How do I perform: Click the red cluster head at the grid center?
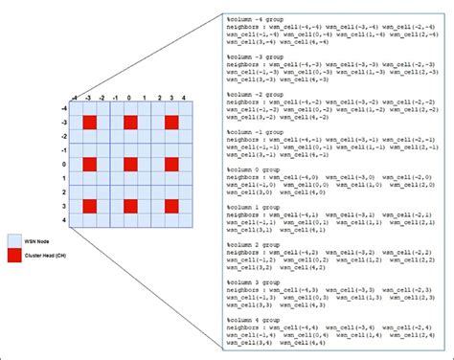(x=130, y=165)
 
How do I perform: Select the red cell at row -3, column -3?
(x=89, y=123)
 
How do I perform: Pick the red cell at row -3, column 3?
(x=172, y=123)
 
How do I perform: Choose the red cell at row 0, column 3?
(x=172, y=165)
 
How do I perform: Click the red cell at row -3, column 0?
(x=130, y=123)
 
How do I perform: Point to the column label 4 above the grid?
(x=186, y=98)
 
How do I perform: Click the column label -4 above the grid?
(x=74, y=98)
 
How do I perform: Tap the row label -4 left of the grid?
(x=63, y=108)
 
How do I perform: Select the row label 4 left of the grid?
(x=65, y=220)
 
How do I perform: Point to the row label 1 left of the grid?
(x=65, y=178)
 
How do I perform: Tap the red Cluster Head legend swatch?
(x=14, y=256)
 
